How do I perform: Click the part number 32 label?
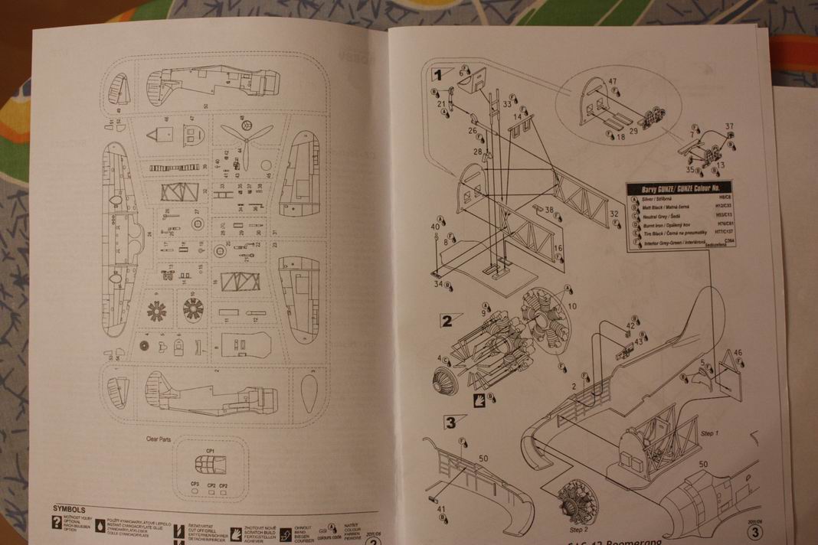[614, 214]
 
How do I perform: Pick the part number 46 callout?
[738, 352]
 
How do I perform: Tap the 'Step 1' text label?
[709, 434]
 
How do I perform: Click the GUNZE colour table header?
[679, 188]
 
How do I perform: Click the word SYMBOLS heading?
[68, 508]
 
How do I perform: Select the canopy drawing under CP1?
[210, 464]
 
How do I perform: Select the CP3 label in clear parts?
[195, 485]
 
